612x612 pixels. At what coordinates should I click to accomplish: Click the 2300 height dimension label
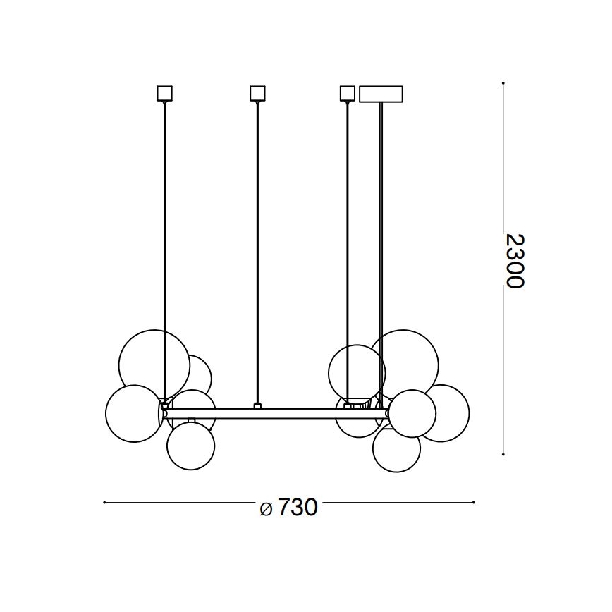point(515,260)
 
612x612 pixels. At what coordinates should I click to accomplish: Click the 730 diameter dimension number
point(297,508)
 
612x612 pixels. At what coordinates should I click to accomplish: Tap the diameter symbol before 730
point(265,509)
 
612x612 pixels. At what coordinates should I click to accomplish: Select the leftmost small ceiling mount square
point(164,93)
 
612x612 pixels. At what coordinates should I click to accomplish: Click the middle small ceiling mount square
point(257,93)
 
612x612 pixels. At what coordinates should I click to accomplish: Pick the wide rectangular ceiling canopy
point(381,94)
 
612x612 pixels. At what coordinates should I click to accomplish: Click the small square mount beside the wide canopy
point(347,93)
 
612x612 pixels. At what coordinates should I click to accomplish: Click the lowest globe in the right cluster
point(396,448)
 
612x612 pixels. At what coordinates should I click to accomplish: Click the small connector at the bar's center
point(257,406)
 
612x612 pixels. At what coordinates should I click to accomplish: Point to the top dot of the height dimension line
point(503,83)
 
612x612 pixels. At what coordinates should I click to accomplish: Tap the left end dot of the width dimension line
point(104,503)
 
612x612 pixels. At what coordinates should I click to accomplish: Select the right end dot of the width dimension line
point(474,503)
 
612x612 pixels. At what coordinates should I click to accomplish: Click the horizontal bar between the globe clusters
point(296,412)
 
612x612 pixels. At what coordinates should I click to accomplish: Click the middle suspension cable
point(257,247)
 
